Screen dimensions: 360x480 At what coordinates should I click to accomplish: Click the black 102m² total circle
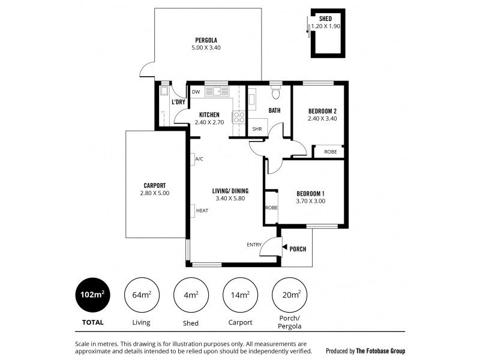click(92, 295)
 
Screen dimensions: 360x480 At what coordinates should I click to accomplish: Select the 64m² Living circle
click(142, 295)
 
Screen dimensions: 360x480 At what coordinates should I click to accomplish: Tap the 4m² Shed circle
click(191, 295)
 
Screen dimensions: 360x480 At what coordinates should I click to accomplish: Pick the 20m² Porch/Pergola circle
click(290, 295)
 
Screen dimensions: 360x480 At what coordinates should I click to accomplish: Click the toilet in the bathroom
click(275, 93)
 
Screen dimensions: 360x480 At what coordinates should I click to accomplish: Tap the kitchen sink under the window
click(217, 92)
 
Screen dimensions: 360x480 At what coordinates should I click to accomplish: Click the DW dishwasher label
click(196, 92)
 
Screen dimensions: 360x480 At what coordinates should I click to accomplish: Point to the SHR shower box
click(257, 128)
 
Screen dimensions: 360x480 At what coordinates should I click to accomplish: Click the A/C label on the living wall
click(199, 159)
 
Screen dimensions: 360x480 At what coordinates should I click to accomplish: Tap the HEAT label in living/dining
click(202, 211)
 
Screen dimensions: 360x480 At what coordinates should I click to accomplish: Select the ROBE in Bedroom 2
click(330, 152)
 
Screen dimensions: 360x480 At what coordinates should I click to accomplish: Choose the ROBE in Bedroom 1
click(271, 208)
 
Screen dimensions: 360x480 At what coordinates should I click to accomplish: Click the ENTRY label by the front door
click(254, 244)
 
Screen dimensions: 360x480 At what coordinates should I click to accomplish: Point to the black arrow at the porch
click(284, 248)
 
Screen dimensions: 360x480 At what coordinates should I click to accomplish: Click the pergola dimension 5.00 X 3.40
click(206, 47)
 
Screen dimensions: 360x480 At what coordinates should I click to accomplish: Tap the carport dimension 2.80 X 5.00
click(154, 193)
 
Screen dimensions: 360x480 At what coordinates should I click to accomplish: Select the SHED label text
click(325, 19)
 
